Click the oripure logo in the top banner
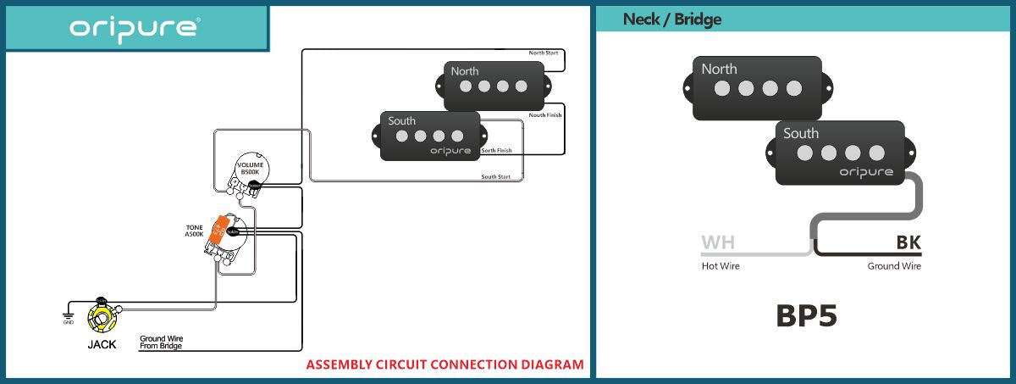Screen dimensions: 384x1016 click(135, 27)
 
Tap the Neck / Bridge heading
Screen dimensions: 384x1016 click(672, 19)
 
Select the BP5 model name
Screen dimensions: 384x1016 click(806, 315)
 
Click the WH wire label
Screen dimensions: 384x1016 click(718, 244)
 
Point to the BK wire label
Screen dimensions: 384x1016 click(908, 244)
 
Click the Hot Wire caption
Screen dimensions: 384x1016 click(721, 266)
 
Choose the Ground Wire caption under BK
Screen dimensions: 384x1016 click(894, 266)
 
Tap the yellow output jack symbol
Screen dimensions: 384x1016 click(102, 320)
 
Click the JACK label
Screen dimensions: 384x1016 click(102, 345)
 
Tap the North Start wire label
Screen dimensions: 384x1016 click(544, 53)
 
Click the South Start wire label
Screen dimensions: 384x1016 click(495, 177)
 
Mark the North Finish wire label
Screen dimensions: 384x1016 click(544, 115)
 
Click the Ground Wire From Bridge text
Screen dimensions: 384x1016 click(161, 342)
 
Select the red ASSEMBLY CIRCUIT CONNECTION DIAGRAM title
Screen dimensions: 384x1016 click(444, 365)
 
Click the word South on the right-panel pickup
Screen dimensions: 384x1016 click(800, 133)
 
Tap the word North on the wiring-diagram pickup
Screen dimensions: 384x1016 click(464, 71)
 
